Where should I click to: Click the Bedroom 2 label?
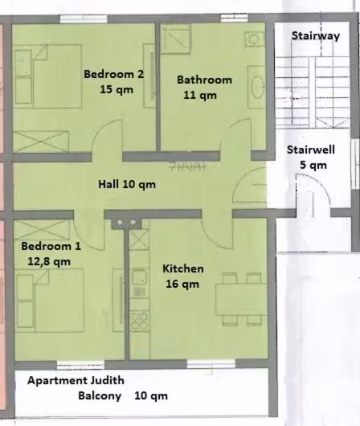tap(113, 74)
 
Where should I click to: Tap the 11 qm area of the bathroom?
tap(200, 95)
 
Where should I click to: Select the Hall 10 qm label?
tap(127, 184)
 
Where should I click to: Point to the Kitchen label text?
tap(183, 268)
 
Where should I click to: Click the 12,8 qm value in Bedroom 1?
tap(49, 261)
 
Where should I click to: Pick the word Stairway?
tap(316, 35)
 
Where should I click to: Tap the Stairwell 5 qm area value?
tap(313, 165)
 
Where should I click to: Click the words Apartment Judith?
tap(76, 380)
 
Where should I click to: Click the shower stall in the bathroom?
tap(176, 39)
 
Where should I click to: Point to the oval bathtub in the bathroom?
tap(256, 87)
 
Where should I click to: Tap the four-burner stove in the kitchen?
tap(140, 321)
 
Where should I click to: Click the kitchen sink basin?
tap(139, 277)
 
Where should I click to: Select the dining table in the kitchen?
tap(241, 299)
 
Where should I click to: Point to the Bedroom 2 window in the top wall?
tap(84, 19)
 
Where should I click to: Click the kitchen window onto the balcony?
tap(211, 364)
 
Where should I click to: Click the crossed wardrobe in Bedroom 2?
tap(41, 141)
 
